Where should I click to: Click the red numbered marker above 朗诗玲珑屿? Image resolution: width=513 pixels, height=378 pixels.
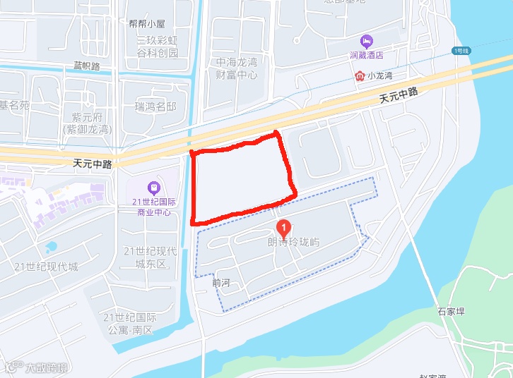[x=283, y=227]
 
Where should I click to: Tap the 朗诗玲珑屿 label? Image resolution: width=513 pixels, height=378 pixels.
[x=293, y=243]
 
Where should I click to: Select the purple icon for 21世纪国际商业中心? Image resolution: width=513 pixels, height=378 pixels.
[x=153, y=188]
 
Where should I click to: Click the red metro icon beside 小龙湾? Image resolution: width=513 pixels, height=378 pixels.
[x=360, y=75]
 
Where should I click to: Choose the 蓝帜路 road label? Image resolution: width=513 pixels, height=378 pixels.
[x=87, y=66]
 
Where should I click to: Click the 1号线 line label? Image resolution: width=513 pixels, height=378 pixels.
[x=461, y=51]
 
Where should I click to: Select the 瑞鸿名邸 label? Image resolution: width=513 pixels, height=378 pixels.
[x=155, y=106]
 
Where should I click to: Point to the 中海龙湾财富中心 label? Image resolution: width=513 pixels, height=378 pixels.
[x=237, y=68]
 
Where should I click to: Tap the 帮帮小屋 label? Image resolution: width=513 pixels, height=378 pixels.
[x=147, y=23]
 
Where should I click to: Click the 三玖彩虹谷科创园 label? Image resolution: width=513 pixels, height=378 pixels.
[x=157, y=47]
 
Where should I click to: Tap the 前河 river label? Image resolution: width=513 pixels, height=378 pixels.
[x=221, y=282]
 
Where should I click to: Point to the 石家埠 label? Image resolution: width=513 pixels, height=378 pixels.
[x=450, y=310]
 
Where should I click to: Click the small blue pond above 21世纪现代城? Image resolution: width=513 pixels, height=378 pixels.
[x=51, y=248]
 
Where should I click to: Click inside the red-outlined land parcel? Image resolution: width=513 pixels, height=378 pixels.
[x=242, y=179]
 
